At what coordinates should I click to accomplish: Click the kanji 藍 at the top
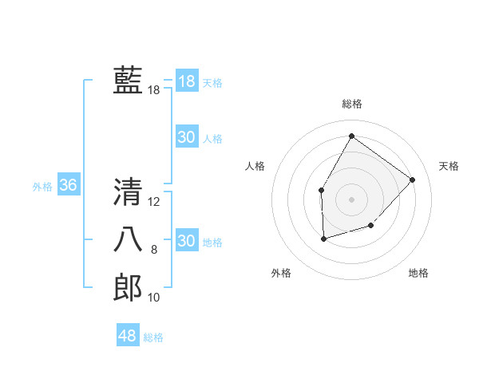pyautogui.click(x=128, y=81)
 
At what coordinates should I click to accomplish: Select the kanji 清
pyautogui.click(x=128, y=192)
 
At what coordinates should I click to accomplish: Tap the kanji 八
pyautogui.click(x=128, y=240)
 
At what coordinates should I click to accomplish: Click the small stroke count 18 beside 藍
pyautogui.click(x=153, y=91)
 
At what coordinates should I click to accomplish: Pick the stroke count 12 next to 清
pyautogui.click(x=154, y=203)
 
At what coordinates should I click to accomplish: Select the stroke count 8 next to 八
pyautogui.click(x=154, y=251)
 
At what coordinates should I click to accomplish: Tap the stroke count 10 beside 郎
pyautogui.click(x=154, y=298)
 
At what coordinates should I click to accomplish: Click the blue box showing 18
pyautogui.click(x=186, y=81)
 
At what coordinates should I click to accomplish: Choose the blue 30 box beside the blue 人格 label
pyautogui.click(x=186, y=137)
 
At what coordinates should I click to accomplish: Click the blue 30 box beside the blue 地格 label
pyautogui.click(x=186, y=240)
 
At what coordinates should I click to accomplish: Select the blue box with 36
pyautogui.click(x=68, y=185)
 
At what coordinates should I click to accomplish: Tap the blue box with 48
pyautogui.click(x=127, y=336)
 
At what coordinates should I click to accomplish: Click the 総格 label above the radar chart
pyautogui.click(x=351, y=104)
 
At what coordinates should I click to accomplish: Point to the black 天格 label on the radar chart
pyautogui.click(x=449, y=166)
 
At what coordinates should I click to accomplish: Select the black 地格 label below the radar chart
pyautogui.click(x=418, y=273)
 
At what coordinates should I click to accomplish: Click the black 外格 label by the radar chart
pyautogui.click(x=281, y=273)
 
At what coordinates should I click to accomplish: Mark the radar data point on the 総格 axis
pyautogui.click(x=351, y=136)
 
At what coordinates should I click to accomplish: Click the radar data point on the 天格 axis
pyautogui.click(x=412, y=180)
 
